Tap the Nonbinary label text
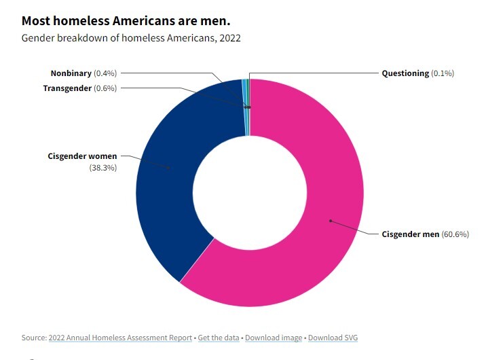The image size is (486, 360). click(x=71, y=73)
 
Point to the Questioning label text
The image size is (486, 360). click(x=405, y=73)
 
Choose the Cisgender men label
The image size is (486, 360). click(x=409, y=234)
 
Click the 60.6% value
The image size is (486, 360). click(x=455, y=234)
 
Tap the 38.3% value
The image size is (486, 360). click(x=102, y=168)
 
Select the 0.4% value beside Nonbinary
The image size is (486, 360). click(x=105, y=73)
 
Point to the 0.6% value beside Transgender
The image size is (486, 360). click(x=105, y=88)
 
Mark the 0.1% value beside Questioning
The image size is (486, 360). click(x=443, y=73)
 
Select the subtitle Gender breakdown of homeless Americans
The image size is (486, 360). click(x=131, y=38)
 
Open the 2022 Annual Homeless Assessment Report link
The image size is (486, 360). click(x=121, y=338)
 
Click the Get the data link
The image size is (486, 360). click(x=219, y=338)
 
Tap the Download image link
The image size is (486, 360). click(x=274, y=338)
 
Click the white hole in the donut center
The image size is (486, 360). click(x=250, y=193)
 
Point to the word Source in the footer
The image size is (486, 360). click(x=33, y=338)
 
